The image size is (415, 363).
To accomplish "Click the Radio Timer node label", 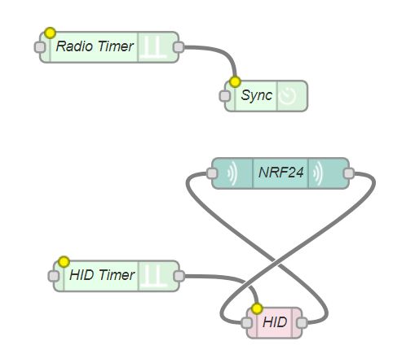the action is click(95, 46).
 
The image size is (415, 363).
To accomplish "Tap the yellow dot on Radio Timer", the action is click(50, 33).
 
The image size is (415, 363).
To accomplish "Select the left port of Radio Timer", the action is click(40, 47).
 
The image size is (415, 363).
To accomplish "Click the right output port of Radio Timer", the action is click(179, 47).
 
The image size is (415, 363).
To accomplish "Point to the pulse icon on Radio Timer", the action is click(154, 47).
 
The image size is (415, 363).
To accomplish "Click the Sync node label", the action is click(256, 95).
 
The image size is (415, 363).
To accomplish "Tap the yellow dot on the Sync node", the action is click(235, 81).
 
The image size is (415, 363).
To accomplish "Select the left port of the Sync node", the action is click(224, 96).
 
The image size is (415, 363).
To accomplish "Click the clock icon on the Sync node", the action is click(288, 96).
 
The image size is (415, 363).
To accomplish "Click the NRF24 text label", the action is click(280, 173).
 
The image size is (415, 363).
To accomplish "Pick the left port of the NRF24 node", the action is click(212, 173).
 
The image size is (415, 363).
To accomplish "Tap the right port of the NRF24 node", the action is click(349, 173).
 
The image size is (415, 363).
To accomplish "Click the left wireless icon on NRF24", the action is click(232, 173).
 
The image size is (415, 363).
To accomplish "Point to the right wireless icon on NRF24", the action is click(318, 173).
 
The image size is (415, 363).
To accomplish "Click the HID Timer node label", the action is click(102, 275).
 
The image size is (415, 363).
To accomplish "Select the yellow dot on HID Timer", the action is click(64, 262).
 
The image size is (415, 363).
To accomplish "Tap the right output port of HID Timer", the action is click(179, 276).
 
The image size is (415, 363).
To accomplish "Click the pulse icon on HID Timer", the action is click(155, 276).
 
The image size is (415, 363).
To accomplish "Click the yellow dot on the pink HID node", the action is click(257, 308).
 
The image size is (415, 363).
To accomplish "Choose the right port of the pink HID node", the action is click(302, 323).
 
